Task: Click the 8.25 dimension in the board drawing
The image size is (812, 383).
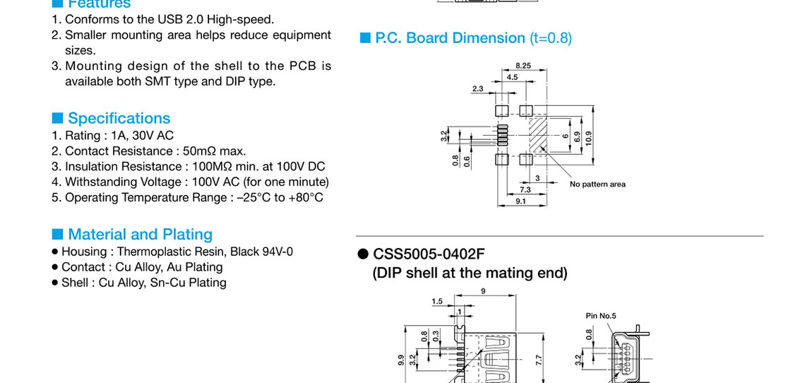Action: click(x=523, y=65)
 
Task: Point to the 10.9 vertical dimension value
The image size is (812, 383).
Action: click(x=589, y=138)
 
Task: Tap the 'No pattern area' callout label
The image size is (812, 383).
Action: click(x=597, y=184)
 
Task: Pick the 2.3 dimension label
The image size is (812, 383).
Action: click(x=477, y=88)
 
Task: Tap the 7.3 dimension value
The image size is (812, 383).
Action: click(x=525, y=189)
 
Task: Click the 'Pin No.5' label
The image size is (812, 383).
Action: click(x=601, y=316)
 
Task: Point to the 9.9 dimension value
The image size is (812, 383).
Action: click(x=401, y=360)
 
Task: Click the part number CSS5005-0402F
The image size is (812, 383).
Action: click(x=429, y=254)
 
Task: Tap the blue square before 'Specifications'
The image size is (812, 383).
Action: click(x=57, y=118)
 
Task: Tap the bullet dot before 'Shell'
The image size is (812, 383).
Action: click(x=54, y=283)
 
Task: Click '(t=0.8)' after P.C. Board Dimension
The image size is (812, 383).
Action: click(x=550, y=38)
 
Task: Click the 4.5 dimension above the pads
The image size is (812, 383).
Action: click(x=512, y=76)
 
